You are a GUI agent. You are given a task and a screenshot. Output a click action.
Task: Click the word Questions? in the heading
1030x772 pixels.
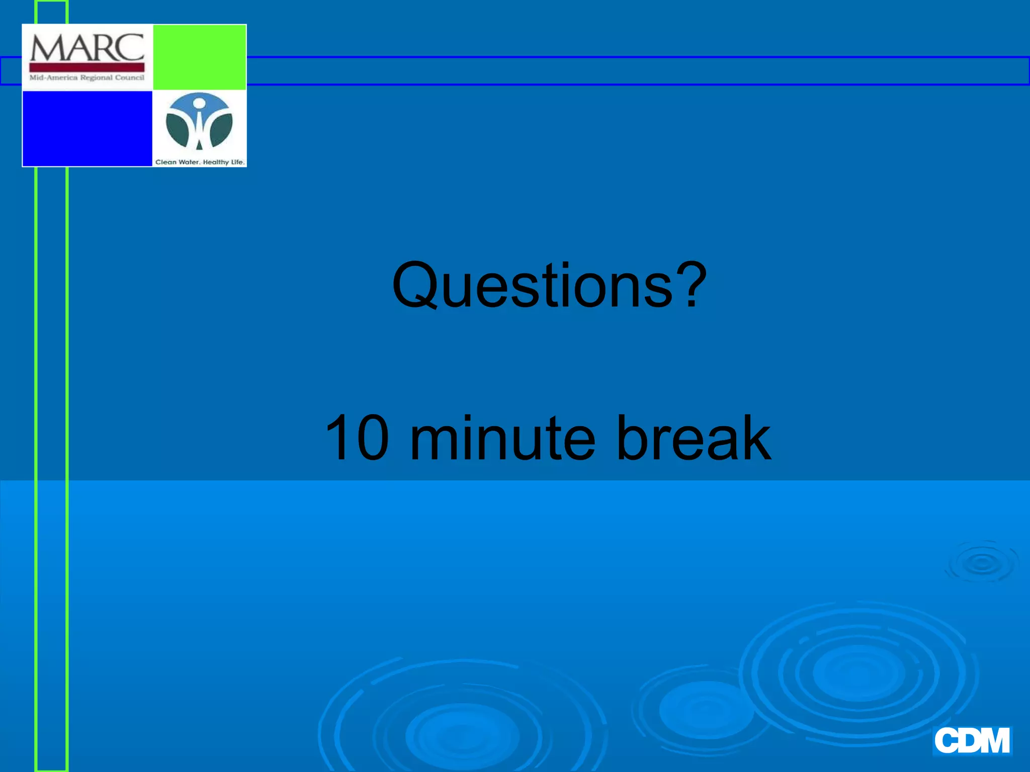(x=549, y=285)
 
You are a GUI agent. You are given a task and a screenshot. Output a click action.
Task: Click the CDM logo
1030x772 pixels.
(x=972, y=740)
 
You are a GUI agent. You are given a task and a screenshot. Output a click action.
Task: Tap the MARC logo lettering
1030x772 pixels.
(x=87, y=48)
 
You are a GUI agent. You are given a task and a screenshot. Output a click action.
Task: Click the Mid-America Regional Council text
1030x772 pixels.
(x=87, y=77)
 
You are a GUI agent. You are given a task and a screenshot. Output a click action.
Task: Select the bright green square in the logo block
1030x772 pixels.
(x=200, y=57)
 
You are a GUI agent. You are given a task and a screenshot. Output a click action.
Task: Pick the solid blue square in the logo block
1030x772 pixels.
(x=88, y=128)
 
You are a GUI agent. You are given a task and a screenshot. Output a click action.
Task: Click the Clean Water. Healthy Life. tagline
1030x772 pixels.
(x=200, y=162)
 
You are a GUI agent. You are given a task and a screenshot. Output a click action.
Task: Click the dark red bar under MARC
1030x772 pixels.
(x=87, y=67)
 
